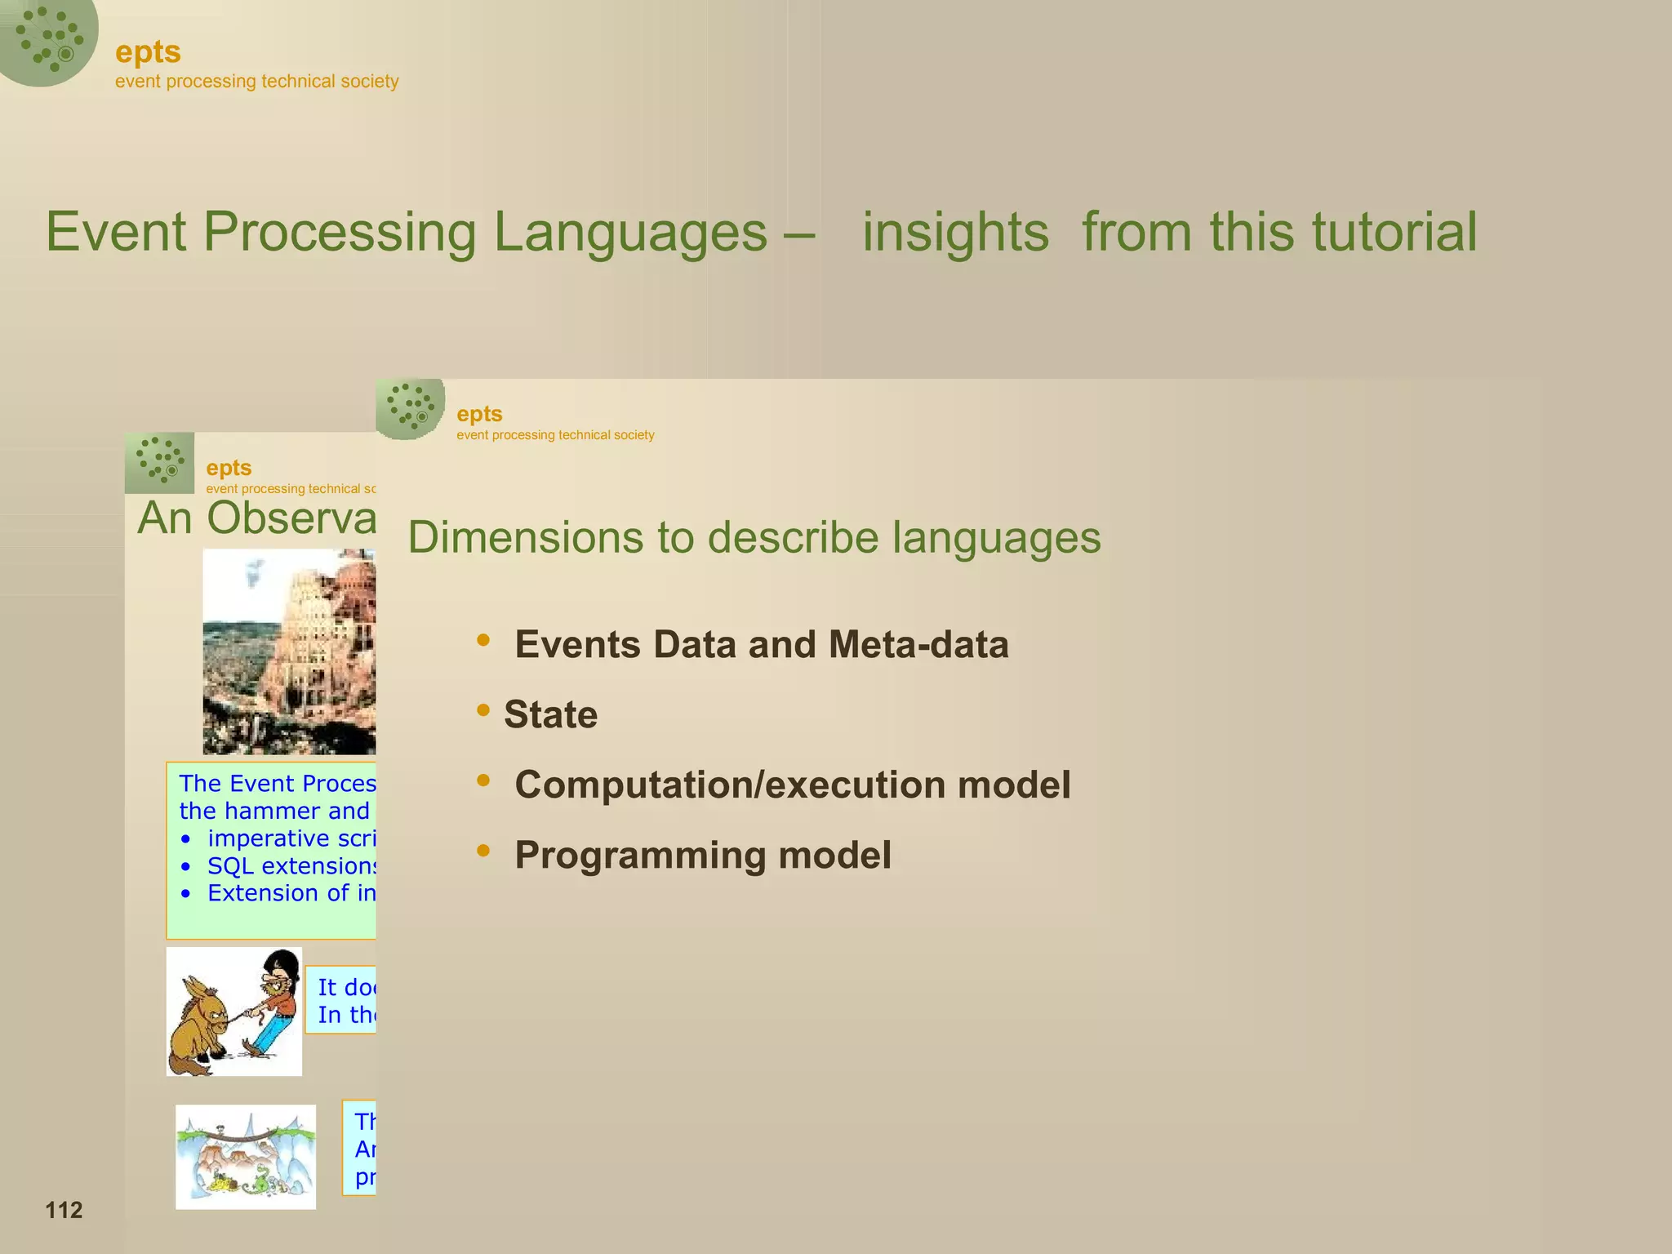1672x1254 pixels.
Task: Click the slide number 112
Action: [x=64, y=1210]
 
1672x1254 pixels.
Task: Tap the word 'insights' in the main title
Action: [x=955, y=233]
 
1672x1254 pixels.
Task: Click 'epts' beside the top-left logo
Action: [x=148, y=52]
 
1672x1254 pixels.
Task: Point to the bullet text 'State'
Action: [x=550, y=715]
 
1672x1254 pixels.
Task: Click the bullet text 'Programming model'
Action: [x=702, y=856]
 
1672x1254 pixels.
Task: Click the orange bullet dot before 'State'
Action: [x=483, y=710]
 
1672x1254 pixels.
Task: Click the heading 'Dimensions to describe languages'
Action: [x=754, y=538]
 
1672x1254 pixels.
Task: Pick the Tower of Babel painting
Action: [x=289, y=651]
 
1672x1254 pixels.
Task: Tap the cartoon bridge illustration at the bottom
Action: [x=245, y=1156]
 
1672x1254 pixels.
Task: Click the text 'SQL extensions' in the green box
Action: [x=290, y=866]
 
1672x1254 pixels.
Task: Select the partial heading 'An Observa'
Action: [x=256, y=518]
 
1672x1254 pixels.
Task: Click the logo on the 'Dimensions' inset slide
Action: [x=410, y=407]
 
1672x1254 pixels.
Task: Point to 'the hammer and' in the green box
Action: [x=274, y=812]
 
